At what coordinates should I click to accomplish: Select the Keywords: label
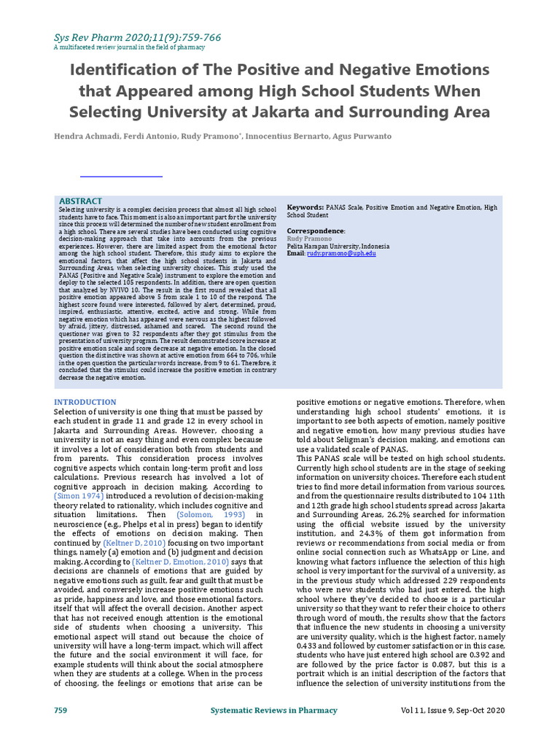[x=306, y=208]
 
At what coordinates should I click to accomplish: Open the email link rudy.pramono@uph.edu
[x=341, y=252]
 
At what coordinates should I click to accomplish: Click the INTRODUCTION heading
[x=85, y=402]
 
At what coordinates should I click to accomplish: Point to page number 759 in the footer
[x=61, y=710]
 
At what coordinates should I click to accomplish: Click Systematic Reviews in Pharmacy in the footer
[x=273, y=710]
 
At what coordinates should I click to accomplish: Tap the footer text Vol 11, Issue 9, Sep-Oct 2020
[x=452, y=710]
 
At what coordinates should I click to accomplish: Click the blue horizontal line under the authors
[x=121, y=176]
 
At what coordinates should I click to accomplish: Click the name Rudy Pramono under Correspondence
[x=309, y=238]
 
